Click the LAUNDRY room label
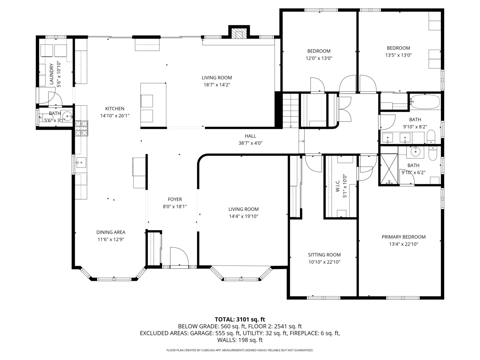pyautogui.click(x=51, y=74)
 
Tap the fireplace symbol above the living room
pyautogui.click(x=239, y=34)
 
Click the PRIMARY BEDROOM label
pyautogui.click(x=403, y=237)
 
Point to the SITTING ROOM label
pyautogui.click(x=324, y=255)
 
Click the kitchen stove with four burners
pyautogui.click(x=82, y=128)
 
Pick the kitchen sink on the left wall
pyautogui.click(x=81, y=163)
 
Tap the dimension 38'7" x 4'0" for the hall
pyautogui.click(x=250, y=143)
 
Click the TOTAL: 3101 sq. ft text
pyautogui.click(x=240, y=319)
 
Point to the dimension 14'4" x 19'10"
pyautogui.click(x=243, y=216)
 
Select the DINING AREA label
pyautogui.click(x=111, y=232)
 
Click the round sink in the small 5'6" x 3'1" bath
pyautogui.click(x=67, y=115)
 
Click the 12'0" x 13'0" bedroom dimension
pyautogui.click(x=319, y=58)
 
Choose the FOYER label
pyautogui.click(x=175, y=199)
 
